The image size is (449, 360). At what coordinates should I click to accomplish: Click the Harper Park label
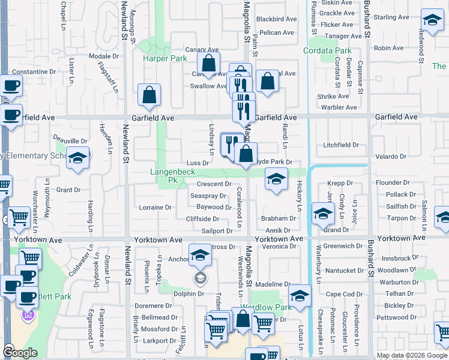point(165,59)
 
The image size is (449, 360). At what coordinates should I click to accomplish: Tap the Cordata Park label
point(327,51)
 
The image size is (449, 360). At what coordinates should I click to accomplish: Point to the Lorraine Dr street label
point(155,208)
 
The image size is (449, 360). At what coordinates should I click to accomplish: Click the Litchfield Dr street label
point(340,145)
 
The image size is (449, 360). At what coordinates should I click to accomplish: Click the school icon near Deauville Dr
point(77,158)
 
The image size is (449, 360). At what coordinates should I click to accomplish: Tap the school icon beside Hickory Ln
point(276,179)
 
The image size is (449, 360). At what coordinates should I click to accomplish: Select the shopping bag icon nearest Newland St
point(149,95)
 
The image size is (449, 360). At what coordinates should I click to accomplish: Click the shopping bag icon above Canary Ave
point(208,63)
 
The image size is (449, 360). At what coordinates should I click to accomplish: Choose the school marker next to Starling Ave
point(431,22)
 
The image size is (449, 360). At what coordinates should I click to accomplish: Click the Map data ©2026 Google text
point(411,355)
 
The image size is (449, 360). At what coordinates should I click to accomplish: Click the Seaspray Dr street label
point(208,196)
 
